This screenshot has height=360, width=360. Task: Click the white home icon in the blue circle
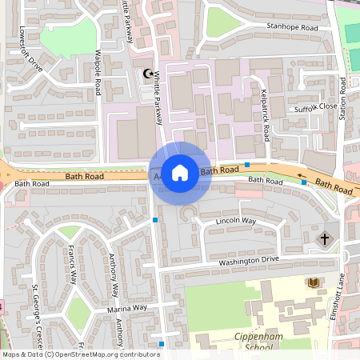coord(180,172)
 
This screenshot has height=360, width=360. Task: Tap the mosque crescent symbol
coord(147,74)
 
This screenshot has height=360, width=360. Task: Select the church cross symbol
coord(325,238)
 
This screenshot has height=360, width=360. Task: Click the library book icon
coord(313,282)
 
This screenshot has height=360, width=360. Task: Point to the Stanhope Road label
coord(292,28)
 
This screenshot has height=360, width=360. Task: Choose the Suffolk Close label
coord(315,106)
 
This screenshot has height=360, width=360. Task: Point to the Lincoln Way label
coord(236,221)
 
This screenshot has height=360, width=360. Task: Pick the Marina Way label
coord(127,307)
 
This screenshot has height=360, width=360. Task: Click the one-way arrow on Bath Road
coord(303,175)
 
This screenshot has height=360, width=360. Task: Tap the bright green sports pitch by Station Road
coord(352,33)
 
